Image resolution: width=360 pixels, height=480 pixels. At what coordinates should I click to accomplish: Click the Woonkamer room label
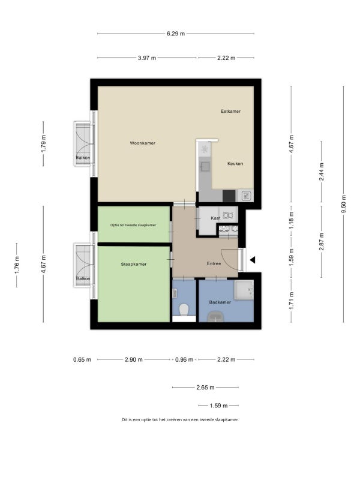coord(143,143)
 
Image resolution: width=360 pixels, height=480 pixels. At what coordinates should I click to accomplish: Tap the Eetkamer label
coord(231,111)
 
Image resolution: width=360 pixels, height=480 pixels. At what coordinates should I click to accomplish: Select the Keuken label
coord(235,163)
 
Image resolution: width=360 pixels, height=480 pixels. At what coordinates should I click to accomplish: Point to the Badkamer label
coord(220,302)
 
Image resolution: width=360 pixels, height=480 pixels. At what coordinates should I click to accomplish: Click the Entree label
coord(214,263)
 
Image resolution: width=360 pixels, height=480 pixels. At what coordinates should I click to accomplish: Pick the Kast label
coord(215,218)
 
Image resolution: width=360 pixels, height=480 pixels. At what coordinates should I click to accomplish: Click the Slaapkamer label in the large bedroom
coord(133,264)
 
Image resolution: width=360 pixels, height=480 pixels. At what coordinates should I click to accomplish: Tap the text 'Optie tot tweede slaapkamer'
coord(133,225)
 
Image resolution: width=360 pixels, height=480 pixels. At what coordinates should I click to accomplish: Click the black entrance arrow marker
coord(253,260)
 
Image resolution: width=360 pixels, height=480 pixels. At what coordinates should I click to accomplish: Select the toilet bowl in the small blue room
coord(184,310)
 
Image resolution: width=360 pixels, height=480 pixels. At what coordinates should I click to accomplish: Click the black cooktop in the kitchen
coord(229,196)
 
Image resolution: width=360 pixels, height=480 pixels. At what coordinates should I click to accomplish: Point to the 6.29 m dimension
coord(176,34)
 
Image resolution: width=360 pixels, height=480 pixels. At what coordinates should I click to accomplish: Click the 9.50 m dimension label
coord(343,204)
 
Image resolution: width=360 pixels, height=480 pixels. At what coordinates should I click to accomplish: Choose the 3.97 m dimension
coord(147,58)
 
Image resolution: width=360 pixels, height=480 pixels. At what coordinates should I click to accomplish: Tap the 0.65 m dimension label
coord(82,359)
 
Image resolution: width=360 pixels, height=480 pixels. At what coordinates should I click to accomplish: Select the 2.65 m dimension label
coord(205,387)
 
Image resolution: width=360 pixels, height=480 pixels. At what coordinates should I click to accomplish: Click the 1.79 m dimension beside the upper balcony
coord(43,144)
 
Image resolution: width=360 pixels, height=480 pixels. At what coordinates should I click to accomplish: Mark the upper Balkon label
coord(83,158)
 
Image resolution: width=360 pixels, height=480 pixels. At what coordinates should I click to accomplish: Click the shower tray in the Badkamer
coord(244,290)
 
